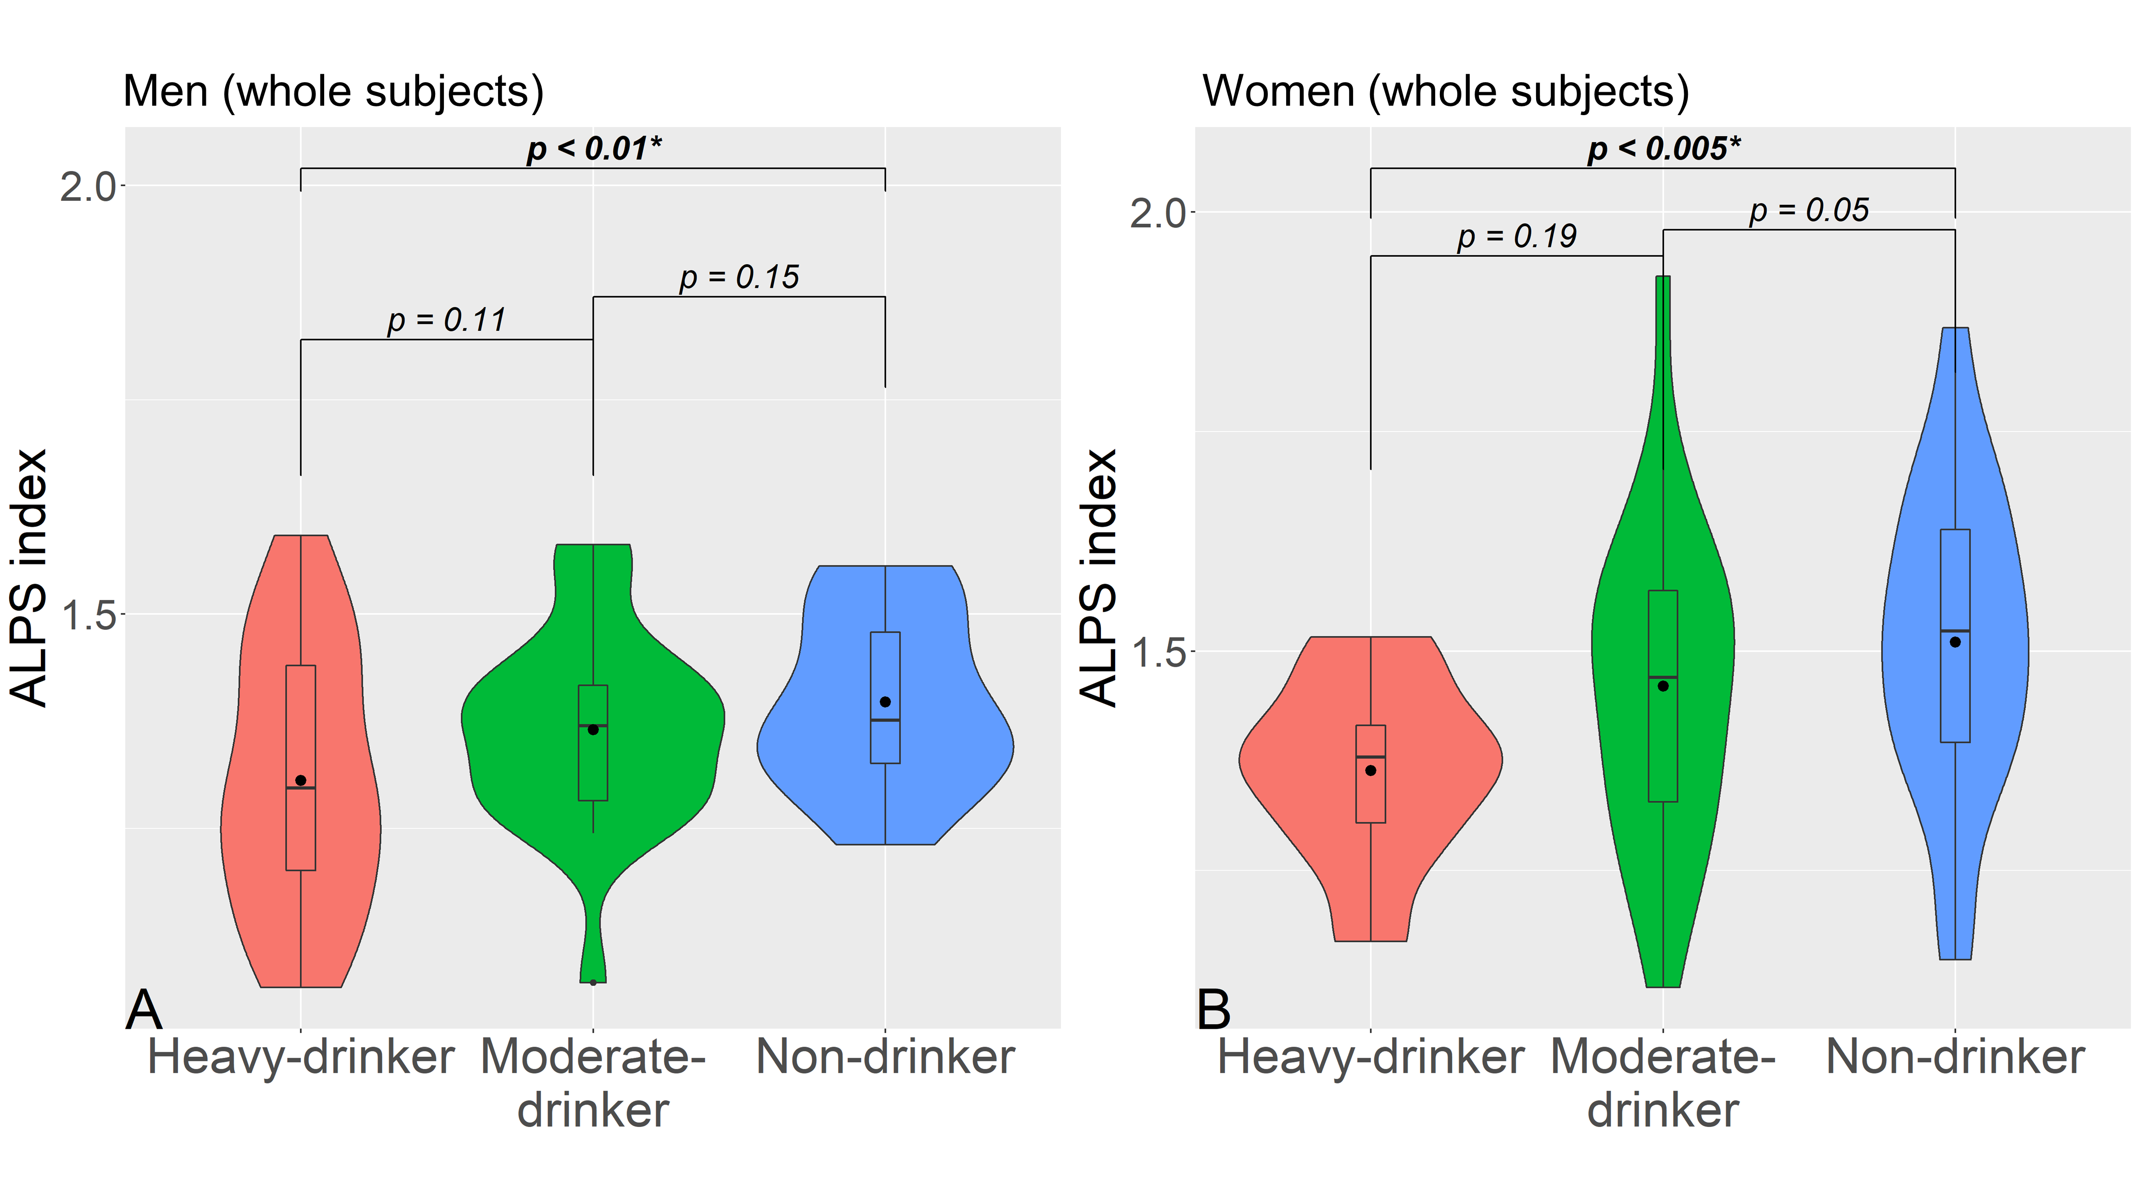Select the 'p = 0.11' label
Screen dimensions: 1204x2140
click(x=446, y=320)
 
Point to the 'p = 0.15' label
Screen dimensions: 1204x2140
click(x=739, y=277)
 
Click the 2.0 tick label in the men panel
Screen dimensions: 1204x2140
click(x=87, y=186)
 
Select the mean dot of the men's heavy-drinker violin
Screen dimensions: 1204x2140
click(x=301, y=780)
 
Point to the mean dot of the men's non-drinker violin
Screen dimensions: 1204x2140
click(x=885, y=702)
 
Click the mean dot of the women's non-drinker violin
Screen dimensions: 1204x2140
click(x=1955, y=642)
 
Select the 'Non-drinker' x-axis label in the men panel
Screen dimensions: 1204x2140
click(x=885, y=1057)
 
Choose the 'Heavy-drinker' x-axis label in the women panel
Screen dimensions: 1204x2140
click(x=1371, y=1057)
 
